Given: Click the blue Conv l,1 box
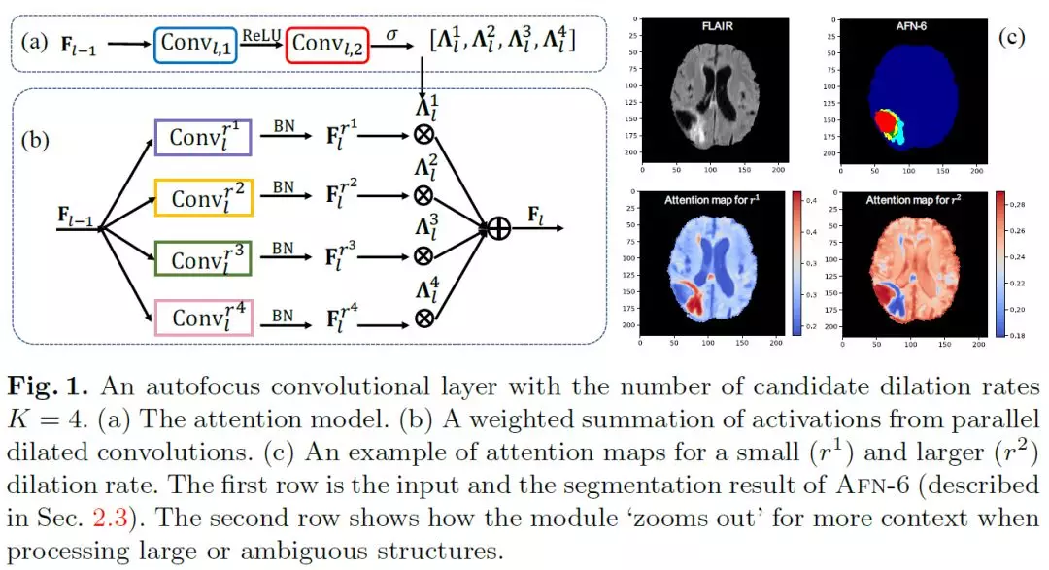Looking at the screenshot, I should [x=194, y=43].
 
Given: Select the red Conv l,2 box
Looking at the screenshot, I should [x=327, y=43].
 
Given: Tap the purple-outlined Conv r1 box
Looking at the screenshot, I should [x=203, y=137].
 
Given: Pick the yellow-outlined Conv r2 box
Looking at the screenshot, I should [x=204, y=197].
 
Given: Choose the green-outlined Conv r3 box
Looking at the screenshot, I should [x=203, y=258].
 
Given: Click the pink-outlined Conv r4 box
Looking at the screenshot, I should [x=203, y=317].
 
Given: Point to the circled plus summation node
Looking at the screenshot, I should [x=499, y=229].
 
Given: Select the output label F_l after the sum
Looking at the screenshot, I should [x=534, y=214].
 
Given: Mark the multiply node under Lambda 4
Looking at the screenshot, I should [x=423, y=317].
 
